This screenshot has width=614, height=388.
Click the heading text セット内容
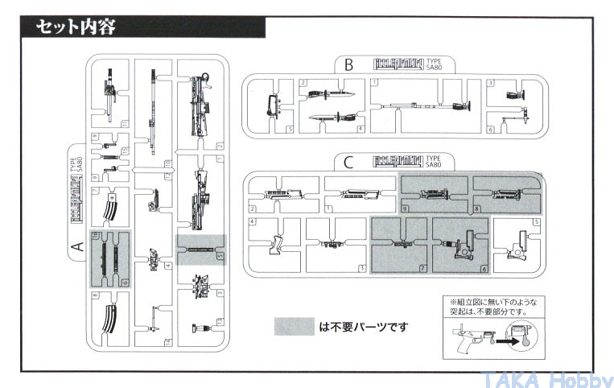pos(76,27)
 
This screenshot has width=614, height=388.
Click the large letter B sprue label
pos(348,64)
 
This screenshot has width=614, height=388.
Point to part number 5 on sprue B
pos(290,129)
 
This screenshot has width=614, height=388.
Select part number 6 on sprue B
pos(491,129)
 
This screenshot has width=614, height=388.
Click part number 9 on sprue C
pos(405,208)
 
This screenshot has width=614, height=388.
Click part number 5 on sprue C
pos(536,221)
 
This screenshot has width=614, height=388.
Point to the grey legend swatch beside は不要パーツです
pos(294,327)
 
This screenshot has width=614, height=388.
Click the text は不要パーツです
pos(363,327)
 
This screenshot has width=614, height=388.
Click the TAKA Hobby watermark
pos(547,379)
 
